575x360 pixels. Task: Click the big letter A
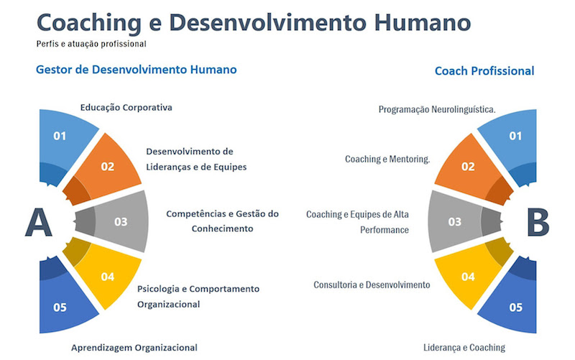pos(38,222)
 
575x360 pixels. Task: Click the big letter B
pos(538,222)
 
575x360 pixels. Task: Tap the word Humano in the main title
pos(423,23)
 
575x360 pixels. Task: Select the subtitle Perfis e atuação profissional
pos(91,44)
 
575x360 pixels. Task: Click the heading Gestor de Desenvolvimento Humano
pos(137,70)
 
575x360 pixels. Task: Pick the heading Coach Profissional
pos(484,70)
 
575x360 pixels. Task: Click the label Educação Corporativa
pos(126,107)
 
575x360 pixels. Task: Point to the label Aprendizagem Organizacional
pos(134,348)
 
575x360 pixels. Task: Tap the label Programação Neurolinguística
pos(437,109)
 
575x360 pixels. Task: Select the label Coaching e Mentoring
pos(387,159)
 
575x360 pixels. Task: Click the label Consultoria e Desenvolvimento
pos(372,285)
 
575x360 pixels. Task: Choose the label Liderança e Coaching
pos(464,348)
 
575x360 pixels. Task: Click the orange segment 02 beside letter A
pos(104,170)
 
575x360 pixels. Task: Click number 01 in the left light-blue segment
pos(60,136)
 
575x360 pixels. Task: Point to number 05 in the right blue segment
pos(515,308)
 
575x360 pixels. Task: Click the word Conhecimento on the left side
pos(222,229)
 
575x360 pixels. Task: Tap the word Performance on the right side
pos(385,230)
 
